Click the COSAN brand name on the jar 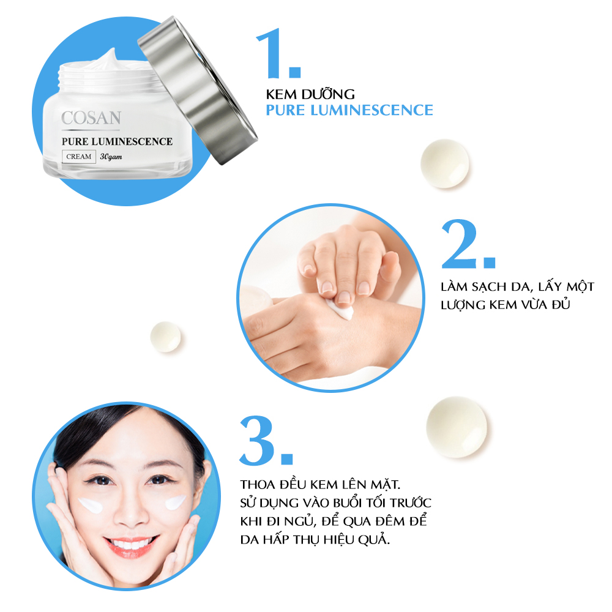[91, 118]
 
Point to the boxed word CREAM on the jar [79, 157]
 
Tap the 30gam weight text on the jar [111, 157]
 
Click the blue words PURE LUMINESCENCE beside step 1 [349, 110]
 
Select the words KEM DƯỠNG [310, 94]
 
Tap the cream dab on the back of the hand [340, 310]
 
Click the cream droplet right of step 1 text [444, 163]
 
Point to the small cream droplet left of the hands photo [165, 337]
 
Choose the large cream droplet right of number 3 [457, 427]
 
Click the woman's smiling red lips [131, 545]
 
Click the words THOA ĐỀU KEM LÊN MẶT [321, 485]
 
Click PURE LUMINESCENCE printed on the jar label [117, 141]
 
